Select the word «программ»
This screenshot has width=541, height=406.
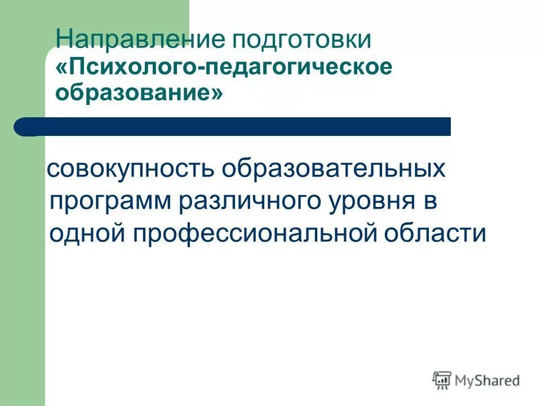tap(111, 202)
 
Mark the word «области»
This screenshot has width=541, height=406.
tap(439, 233)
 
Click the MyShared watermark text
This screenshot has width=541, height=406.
tap(487, 381)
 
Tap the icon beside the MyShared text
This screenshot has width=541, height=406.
tap(442, 380)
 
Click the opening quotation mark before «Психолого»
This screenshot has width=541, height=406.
tap(61, 67)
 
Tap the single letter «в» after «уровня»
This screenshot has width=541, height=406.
tap(429, 202)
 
